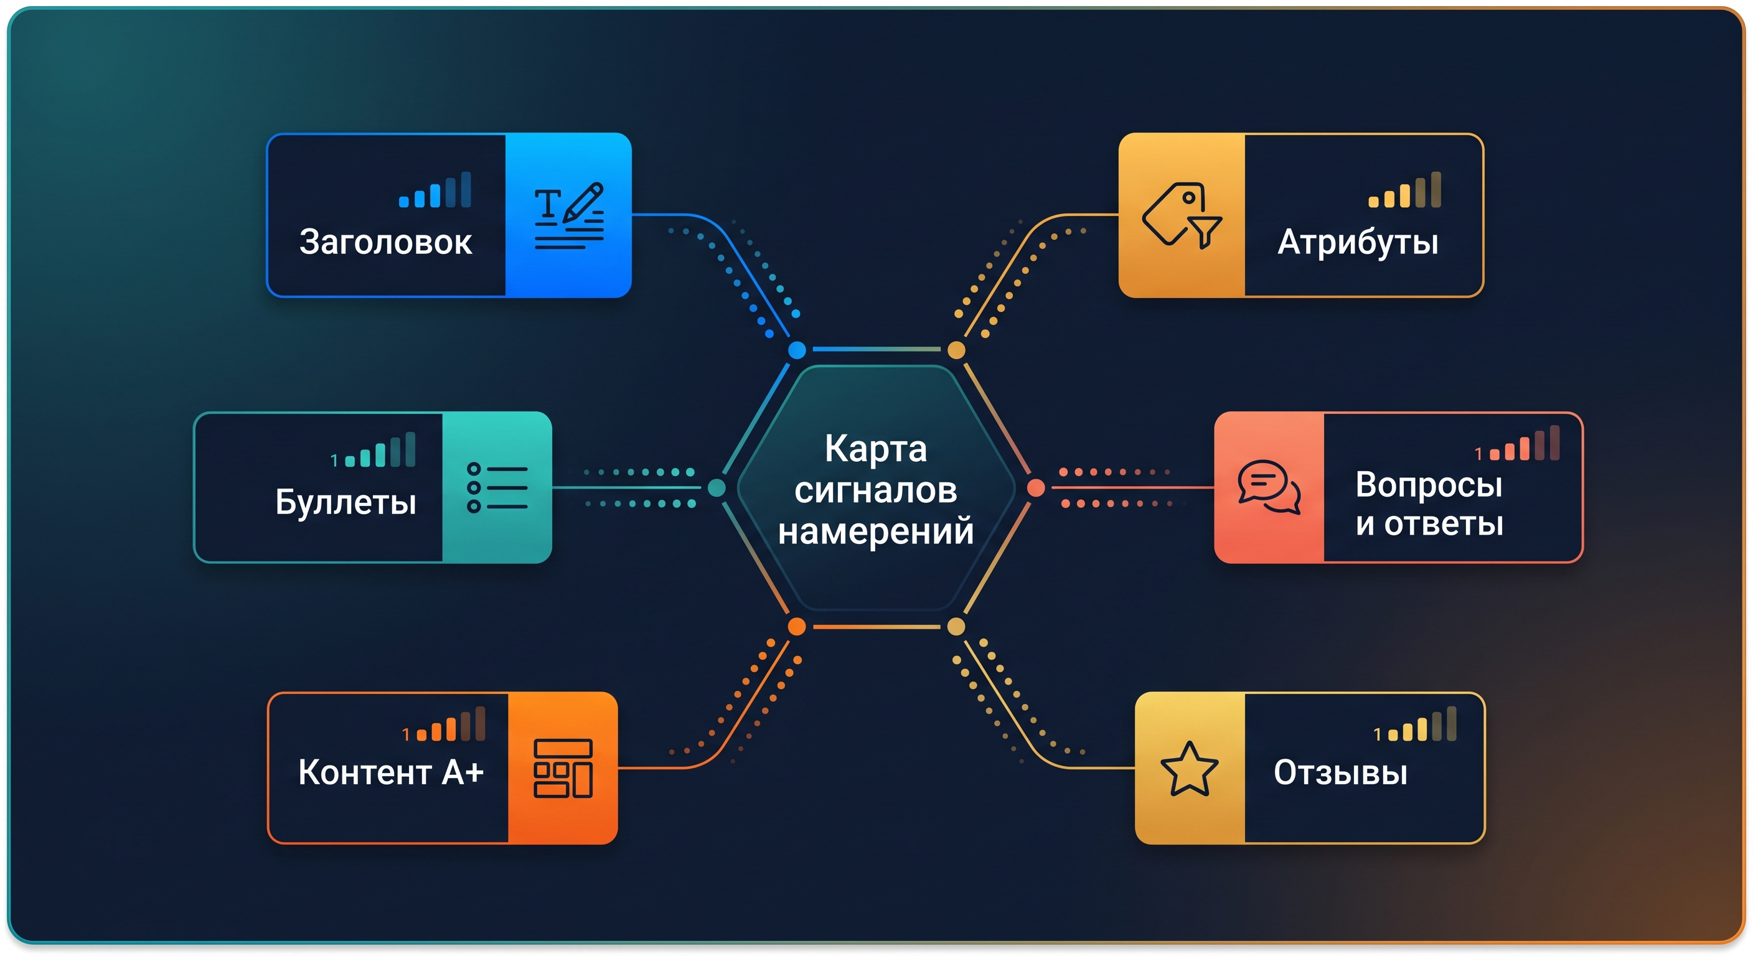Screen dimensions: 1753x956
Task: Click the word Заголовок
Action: click(x=386, y=242)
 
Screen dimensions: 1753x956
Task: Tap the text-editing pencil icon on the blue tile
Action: click(x=569, y=216)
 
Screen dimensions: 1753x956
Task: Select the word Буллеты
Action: click(x=345, y=503)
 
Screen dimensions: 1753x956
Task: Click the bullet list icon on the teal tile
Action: click(x=497, y=487)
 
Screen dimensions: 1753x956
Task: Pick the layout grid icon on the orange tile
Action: click(x=563, y=768)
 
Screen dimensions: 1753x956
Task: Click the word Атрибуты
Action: click(x=1358, y=243)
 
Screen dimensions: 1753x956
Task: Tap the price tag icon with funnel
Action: click(x=1182, y=215)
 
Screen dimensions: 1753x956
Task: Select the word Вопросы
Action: click(x=1429, y=484)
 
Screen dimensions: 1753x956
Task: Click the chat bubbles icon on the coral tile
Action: click(x=1269, y=487)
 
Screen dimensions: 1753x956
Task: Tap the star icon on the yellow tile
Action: click(x=1189, y=769)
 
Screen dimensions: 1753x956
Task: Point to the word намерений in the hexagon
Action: click(x=876, y=532)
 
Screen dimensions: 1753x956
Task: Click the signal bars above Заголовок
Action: click(x=435, y=189)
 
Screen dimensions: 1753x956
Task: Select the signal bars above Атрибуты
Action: click(x=1404, y=189)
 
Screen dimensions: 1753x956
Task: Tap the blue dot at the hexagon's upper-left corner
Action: click(x=797, y=350)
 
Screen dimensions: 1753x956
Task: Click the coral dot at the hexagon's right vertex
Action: click(x=1036, y=487)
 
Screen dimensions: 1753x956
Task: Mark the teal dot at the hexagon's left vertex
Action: click(x=717, y=487)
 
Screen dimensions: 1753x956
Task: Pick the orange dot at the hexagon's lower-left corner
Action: click(x=797, y=626)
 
